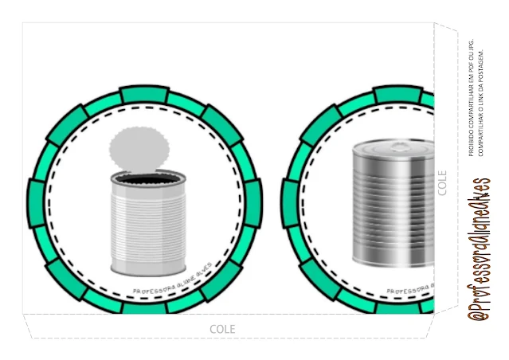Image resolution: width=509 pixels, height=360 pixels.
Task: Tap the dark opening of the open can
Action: click(x=142, y=181)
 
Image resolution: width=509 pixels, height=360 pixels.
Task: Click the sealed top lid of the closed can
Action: click(x=392, y=147)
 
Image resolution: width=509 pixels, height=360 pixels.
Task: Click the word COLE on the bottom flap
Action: click(x=222, y=328)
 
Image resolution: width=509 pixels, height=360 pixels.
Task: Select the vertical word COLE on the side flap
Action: click(x=443, y=182)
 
